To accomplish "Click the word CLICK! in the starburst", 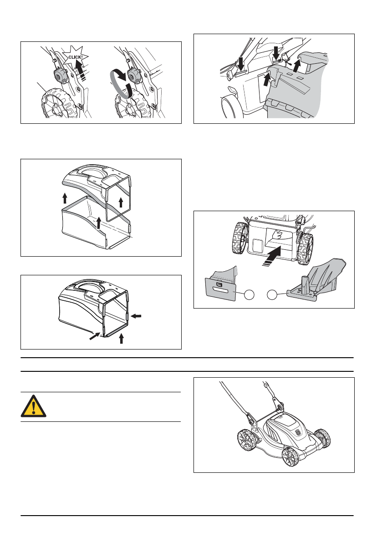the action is click(x=76, y=57).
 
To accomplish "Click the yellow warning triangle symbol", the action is click(x=33, y=406).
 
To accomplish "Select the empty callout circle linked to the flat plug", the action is click(x=249, y=295).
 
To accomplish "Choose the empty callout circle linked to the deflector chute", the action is click(x=272, y=295).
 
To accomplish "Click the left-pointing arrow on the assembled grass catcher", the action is click(x=137, y=316).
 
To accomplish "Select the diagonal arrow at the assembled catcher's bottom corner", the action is click(x=94, y=335).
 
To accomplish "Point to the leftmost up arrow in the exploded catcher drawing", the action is click(x=65, y=198).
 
